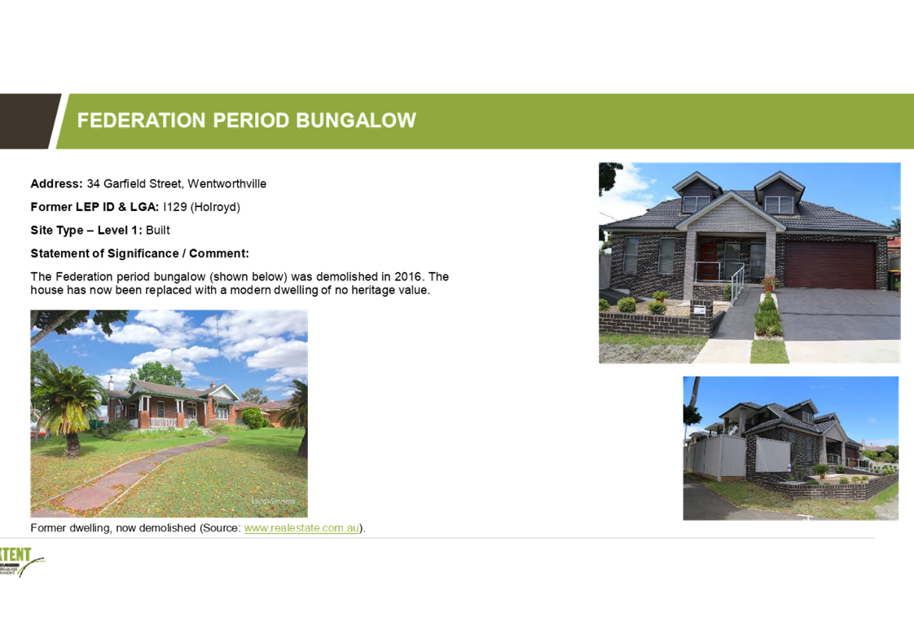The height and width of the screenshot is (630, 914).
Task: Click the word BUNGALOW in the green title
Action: tap(355, 120)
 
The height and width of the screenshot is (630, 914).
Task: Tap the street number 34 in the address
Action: tap(93, 183)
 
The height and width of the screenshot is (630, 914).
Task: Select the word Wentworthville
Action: tap(226, 183)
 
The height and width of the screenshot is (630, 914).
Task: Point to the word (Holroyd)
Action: tap(215, 207)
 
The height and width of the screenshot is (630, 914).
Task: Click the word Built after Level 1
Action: tap(157, 231)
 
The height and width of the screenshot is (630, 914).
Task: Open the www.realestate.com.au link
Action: tap(301, 528)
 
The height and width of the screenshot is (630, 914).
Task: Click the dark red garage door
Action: tap(830, 265)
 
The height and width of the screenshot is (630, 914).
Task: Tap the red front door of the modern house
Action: tap(709, 262)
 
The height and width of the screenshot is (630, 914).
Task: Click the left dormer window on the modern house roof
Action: tap(696, 205)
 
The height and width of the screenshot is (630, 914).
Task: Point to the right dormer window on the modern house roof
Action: tap(779, 205)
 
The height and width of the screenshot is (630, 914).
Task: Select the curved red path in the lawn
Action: tap(134, 473)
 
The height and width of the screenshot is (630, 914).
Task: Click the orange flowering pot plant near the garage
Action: tap(770, 284)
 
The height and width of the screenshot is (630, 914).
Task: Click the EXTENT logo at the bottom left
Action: tap(22, 562)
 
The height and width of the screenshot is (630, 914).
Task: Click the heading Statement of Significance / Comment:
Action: tap(140, 253)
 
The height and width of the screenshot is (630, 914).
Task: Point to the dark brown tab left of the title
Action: tap(27, 121)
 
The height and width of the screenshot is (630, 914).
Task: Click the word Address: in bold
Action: tap(56, 183)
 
